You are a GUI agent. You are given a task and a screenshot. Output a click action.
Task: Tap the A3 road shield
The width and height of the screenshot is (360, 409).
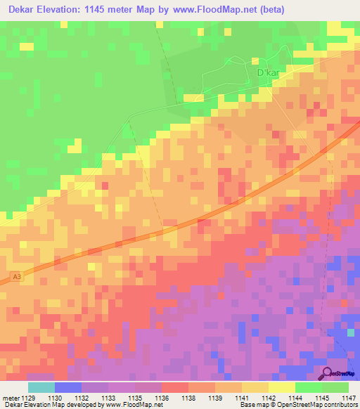(x=17, y=277)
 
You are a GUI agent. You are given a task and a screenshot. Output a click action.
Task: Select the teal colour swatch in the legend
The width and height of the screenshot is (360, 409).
(x=41, y=387)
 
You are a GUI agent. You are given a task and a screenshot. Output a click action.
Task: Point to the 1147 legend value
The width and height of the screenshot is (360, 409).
(x=349, y=397)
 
